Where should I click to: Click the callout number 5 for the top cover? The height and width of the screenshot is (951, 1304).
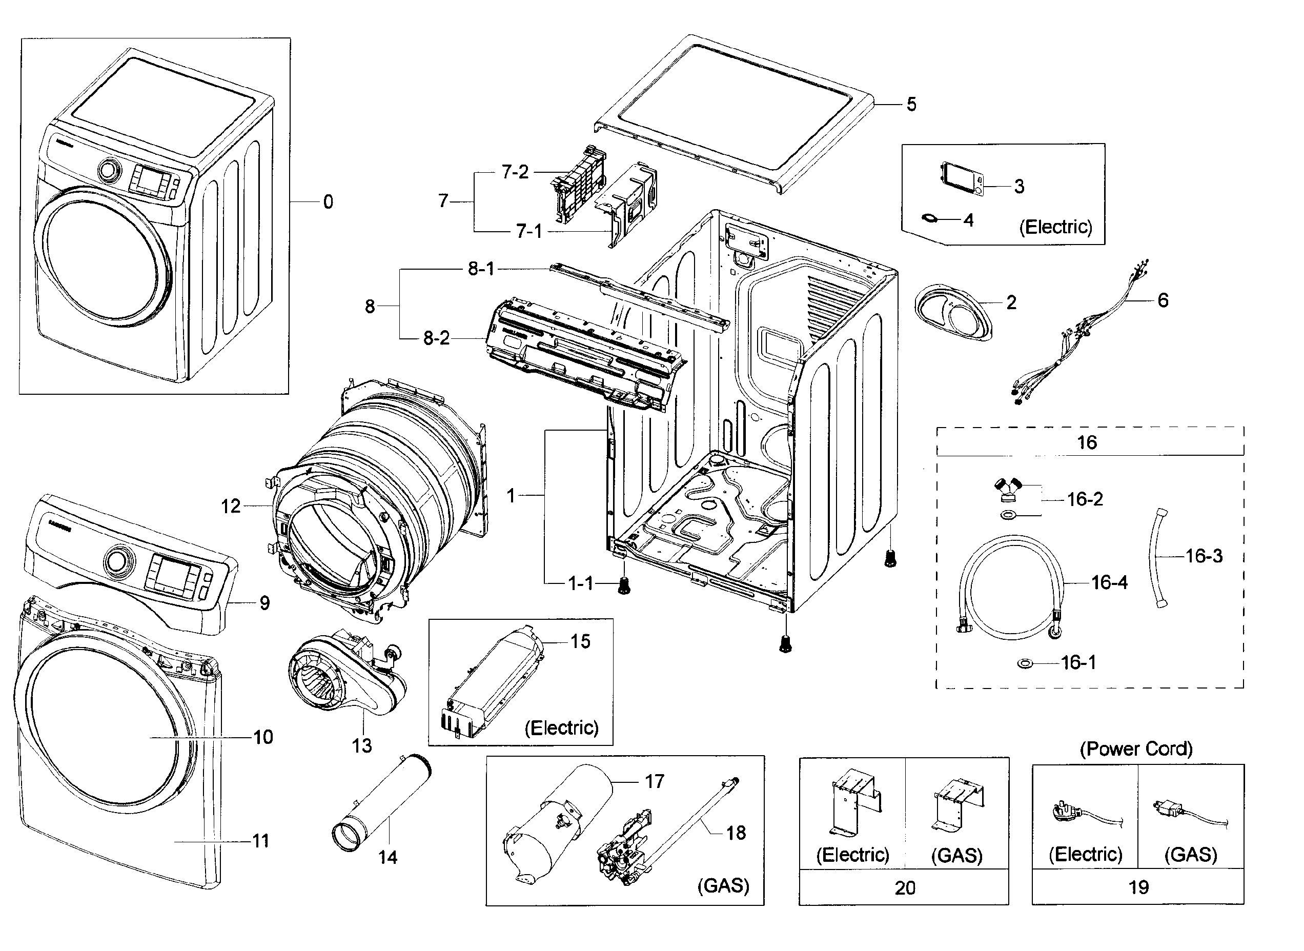(x=911, y=104)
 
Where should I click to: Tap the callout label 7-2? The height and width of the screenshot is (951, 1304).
(x=515, y=172)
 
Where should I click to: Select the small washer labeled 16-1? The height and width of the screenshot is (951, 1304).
(x=1025, y=664)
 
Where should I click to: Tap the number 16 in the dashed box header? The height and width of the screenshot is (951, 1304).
(x=1087, y=442)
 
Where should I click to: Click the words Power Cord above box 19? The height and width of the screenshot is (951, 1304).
(x=1136, y=749)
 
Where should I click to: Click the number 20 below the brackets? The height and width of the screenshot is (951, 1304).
(x=905, y=887)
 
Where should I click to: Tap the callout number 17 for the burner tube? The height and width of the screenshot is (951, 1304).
(x=654, y=781)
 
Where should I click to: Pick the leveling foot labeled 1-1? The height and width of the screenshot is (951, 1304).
(x=623, y=586)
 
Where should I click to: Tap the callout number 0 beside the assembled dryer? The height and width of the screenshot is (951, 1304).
(x=328, y=202)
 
